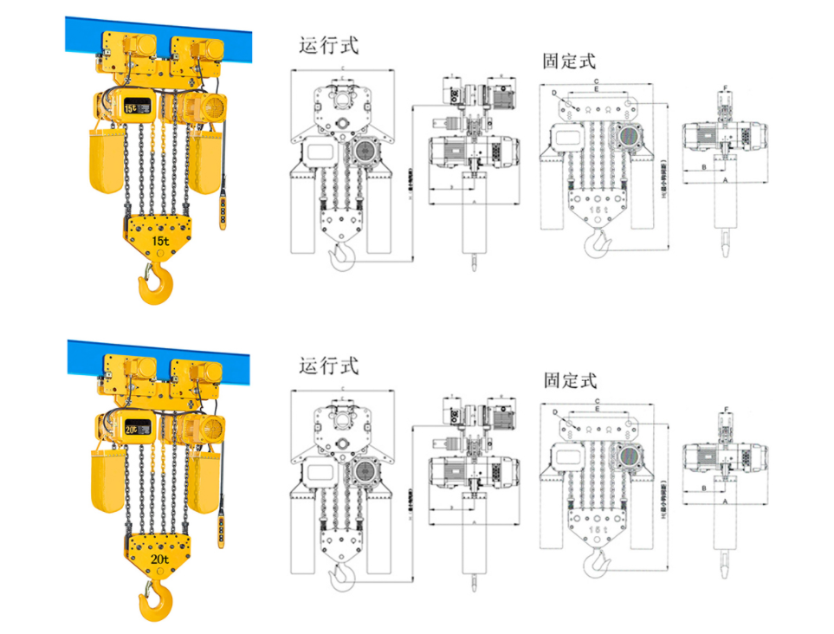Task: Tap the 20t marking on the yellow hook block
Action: click(x=159, y=560)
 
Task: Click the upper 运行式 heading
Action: click(x=328, y=45)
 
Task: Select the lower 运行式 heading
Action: click(x=328, y=366)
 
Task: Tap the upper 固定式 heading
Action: click(x=569, y=61)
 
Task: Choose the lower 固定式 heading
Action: click(x=569, y=379)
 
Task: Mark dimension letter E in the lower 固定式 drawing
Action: click(x=597, y=411)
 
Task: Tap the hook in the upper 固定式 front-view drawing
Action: click(x=597, y=245)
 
